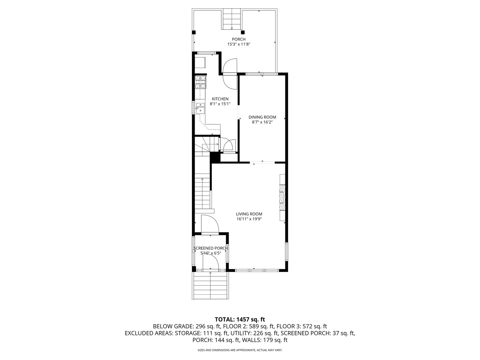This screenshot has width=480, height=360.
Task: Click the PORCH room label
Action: click(x=239, y=39)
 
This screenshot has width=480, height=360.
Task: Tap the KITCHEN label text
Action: click(x=220, y=99)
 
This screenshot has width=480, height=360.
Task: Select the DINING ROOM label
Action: click(x=262, y=117)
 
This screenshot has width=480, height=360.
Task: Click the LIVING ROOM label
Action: click(x=249, y=214)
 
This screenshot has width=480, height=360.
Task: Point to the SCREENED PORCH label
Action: click(x=211, y=248)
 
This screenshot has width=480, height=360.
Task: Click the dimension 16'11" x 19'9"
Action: click(x=249, y=219)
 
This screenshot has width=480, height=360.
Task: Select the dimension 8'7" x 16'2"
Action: click(x=262, y=122)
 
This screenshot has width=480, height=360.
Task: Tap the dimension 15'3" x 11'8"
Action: click(x=239, y=44)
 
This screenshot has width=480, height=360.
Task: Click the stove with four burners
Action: click(x=200, y=82)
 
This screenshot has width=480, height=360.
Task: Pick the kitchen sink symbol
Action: click(x=200, y=107)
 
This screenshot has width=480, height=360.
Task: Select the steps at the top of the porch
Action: click(x=232, y=20)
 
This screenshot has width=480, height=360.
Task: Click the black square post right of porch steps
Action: click(x=243, y=32)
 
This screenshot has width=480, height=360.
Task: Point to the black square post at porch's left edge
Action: click(x=194, y=32)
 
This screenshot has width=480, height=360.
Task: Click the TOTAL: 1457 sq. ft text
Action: click(x=240, y=319)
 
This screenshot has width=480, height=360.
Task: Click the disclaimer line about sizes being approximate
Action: click(x=240, y=350)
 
